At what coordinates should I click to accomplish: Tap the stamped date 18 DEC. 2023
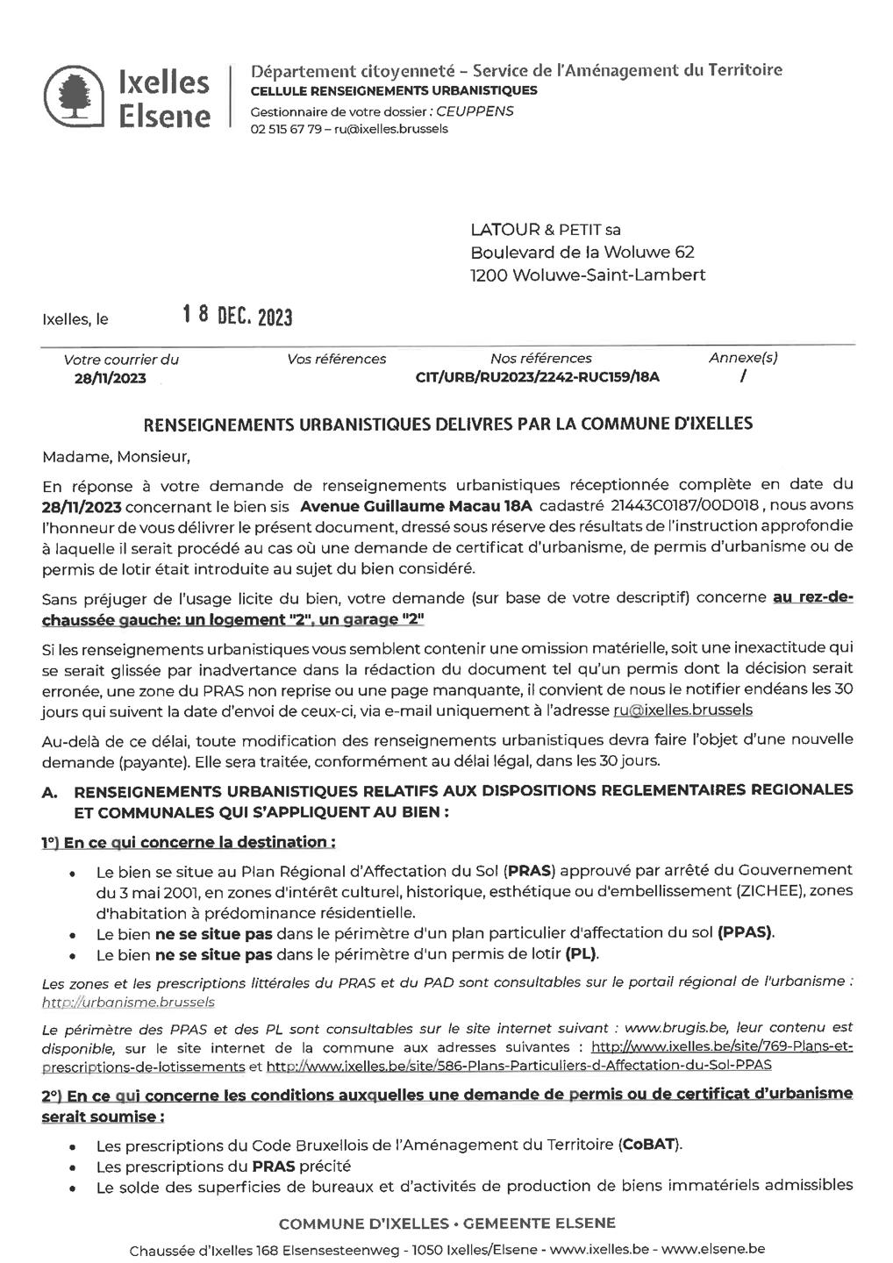pos(237,316)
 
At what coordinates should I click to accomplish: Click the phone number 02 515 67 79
pos(285,129)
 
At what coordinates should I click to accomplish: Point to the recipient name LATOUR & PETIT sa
pos(545,230)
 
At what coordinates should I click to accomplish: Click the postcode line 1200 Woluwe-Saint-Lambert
pos(587,275)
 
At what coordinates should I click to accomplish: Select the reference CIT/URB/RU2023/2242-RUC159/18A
pos(537,377)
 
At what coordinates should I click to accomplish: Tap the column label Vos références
pos(336,359)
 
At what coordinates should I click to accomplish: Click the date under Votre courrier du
pos(110,378)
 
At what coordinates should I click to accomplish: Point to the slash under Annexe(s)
pos(743,376)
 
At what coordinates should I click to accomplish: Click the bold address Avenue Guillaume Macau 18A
pos(416,505)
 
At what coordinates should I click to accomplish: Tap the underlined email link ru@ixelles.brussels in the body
pos(682,710)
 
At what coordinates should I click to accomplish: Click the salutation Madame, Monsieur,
pos(115,456)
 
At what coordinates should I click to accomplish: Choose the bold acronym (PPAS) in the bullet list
pos(746,932)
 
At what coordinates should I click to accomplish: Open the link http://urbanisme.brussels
pos(128,1002)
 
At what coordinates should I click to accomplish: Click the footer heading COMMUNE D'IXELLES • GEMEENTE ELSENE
pos(446,1223)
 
